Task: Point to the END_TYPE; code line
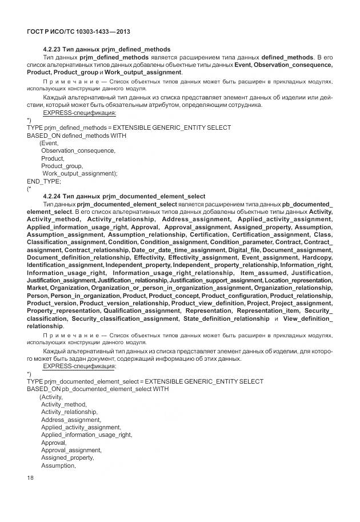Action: [44, 180]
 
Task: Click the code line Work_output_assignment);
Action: [79, 173]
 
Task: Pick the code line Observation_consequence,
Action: [78, 150]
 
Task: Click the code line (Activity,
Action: [51, 396]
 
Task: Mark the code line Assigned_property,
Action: [67, 457]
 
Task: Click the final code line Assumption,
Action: [58, 465]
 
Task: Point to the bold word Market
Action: [37, 288]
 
